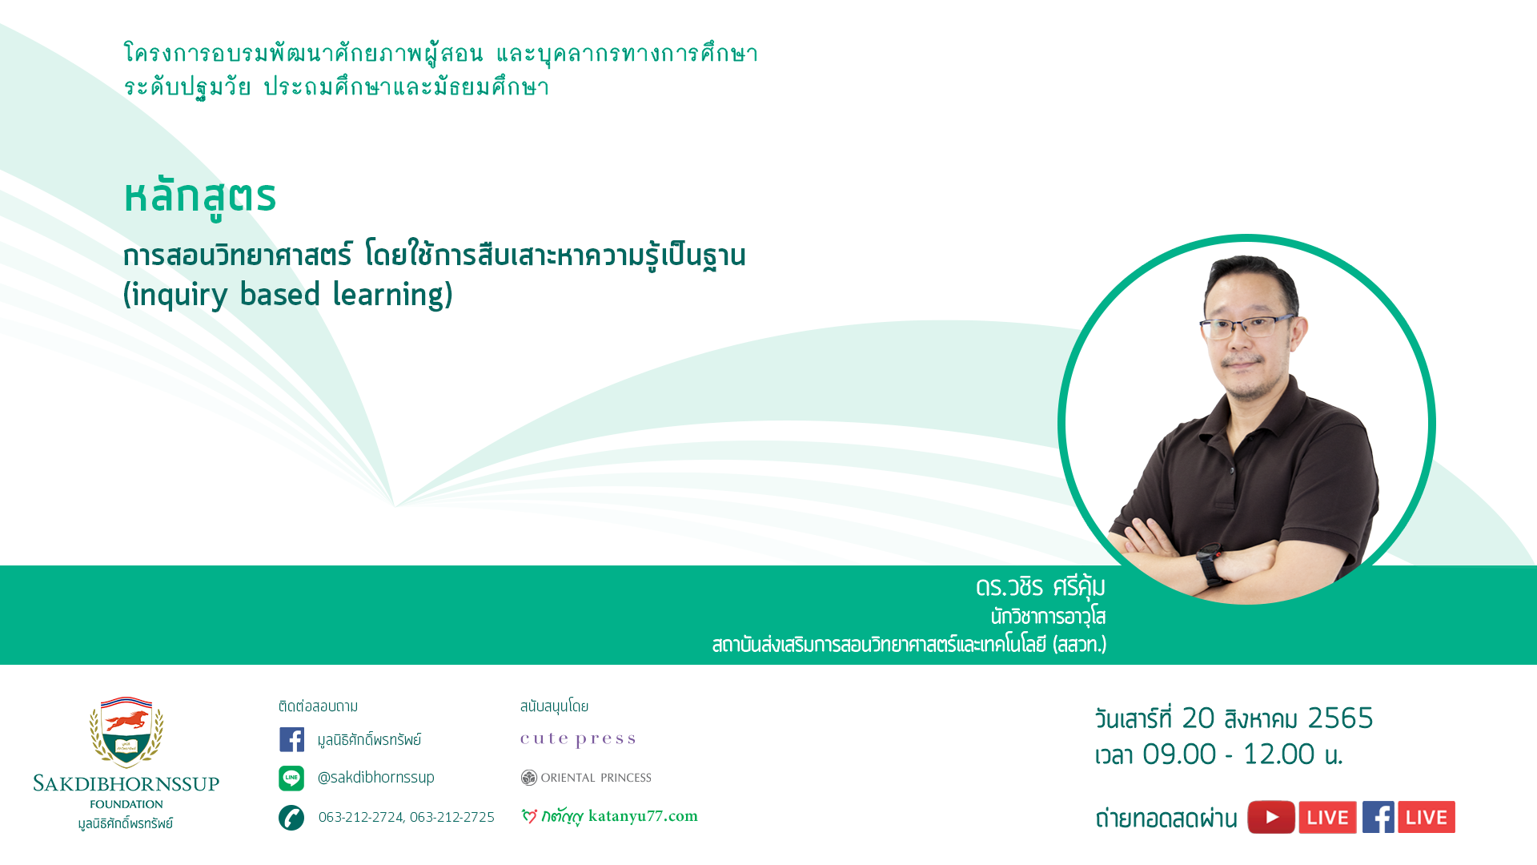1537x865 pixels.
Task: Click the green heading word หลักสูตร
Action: pyautogui.click(x=199, y=197)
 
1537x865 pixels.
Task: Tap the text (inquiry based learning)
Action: pyautogui.click(x=288, y=295)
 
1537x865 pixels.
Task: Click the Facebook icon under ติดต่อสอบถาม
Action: pyautogui.click(x=291, y=739)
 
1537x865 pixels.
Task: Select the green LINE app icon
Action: pyautogui.click(x=291, y=778)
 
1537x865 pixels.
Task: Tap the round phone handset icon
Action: pyautogui.click(x=291, y=818)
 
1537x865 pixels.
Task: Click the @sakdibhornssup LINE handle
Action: pyautogui.click(x=375, y=778)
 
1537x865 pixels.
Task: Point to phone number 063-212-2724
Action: pyautogui.click(x=361, y=817)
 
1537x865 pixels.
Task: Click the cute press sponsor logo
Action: pyautogui.click(x=578, y=739)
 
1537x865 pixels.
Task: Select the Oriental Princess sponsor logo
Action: pyautogui.click(x=586, y=778)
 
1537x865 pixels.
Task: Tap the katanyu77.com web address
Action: pyautogui.click(x=643, y=816)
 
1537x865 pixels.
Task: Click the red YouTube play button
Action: pyautogui.click(x=1271, y=817)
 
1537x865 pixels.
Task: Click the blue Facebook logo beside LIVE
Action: pyautogui.click(x=1378, y=817)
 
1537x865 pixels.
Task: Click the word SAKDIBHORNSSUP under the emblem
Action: pyautogui.click(x=126, y=783)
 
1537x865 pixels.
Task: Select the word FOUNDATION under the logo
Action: pyautogui.click(x=126, y=804)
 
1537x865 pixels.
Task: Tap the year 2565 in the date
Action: pyautogui.click(x=1340, y=718)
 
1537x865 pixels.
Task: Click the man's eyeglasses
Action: pyautogui.click(x=1246, y=327)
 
